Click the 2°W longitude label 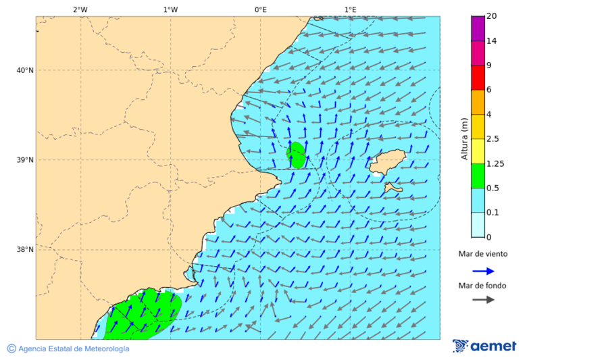point(80,9)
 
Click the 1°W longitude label point(170,9)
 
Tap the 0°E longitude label point(260,9)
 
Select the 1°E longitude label point(350,9)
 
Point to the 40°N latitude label point(24,70)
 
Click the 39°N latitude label point(24,160)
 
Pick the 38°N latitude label point(24,250)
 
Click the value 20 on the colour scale point(492,17)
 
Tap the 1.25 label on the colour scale point(496,163)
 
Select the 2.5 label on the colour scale point(493,139)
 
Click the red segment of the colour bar point(478,78)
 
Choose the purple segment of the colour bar point(478,28)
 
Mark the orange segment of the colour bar point(478,102)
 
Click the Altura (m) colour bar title point(464,139)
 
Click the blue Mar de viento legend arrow point(483,271)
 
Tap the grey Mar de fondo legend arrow point(483,300)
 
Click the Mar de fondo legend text point(482,286)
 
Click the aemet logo point(484,346)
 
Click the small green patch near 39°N point(296,155)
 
